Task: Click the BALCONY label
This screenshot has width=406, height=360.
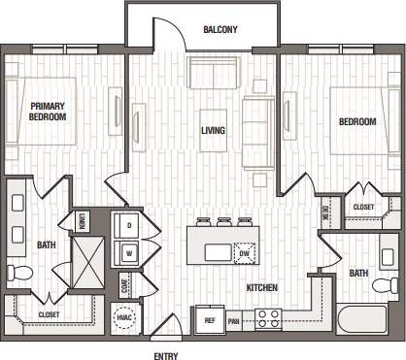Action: click(x=220, y=30)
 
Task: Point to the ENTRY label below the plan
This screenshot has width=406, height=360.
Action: click(x=165, y=355)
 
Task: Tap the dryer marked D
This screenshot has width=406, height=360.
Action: click(x=128, y=225)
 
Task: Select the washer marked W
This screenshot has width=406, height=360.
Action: click(x=128, y=254)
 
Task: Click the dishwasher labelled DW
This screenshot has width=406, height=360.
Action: click(x=244, y=253)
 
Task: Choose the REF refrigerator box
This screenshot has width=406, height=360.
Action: click(x=209, y=319)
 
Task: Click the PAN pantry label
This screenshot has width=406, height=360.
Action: click(x=234, y=319)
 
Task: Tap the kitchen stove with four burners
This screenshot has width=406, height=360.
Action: click(x=268, y=317)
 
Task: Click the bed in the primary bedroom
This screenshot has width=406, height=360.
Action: click(x=41, y=111)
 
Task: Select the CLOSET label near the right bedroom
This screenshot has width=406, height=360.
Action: click(x=362, y=208)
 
